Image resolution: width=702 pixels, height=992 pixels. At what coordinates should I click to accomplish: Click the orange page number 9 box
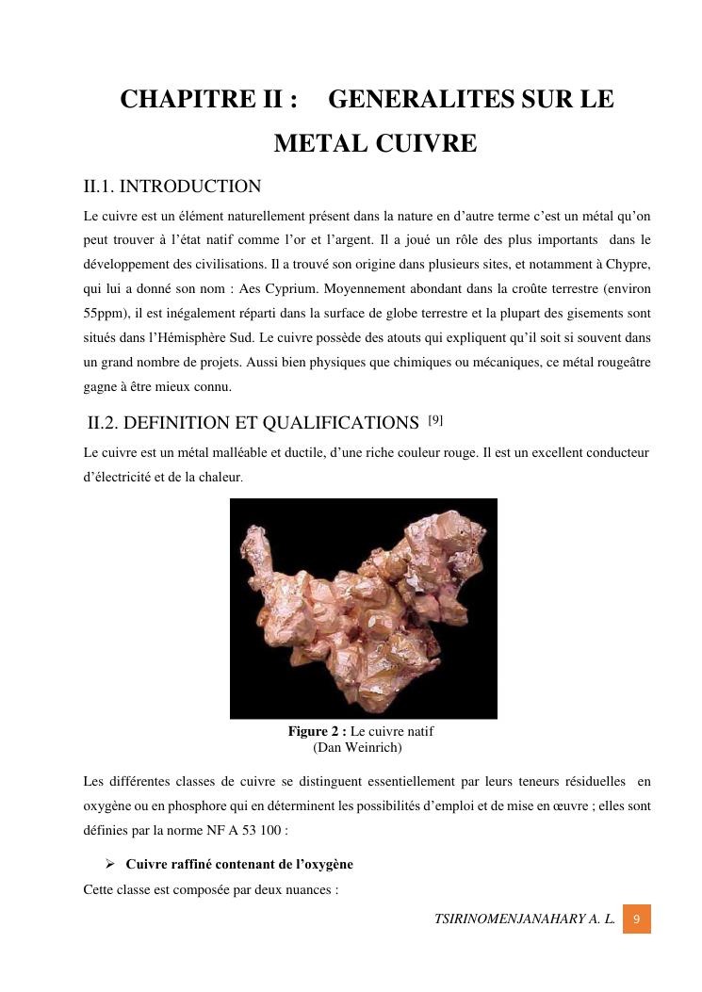(x=637, y=919)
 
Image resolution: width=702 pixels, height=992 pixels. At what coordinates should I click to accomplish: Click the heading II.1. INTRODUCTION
(x=172, y=187)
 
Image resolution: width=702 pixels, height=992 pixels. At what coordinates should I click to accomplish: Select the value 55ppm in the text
(x=106, y=313)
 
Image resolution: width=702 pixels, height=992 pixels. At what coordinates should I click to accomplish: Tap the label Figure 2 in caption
(x=318, y=731)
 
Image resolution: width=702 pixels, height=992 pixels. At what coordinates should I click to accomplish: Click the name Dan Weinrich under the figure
(x=357, y=748)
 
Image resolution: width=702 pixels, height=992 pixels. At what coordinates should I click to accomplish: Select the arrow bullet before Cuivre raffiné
(x=109, y=864)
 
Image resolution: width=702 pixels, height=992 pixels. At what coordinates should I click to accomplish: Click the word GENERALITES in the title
(x=407, y=99)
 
